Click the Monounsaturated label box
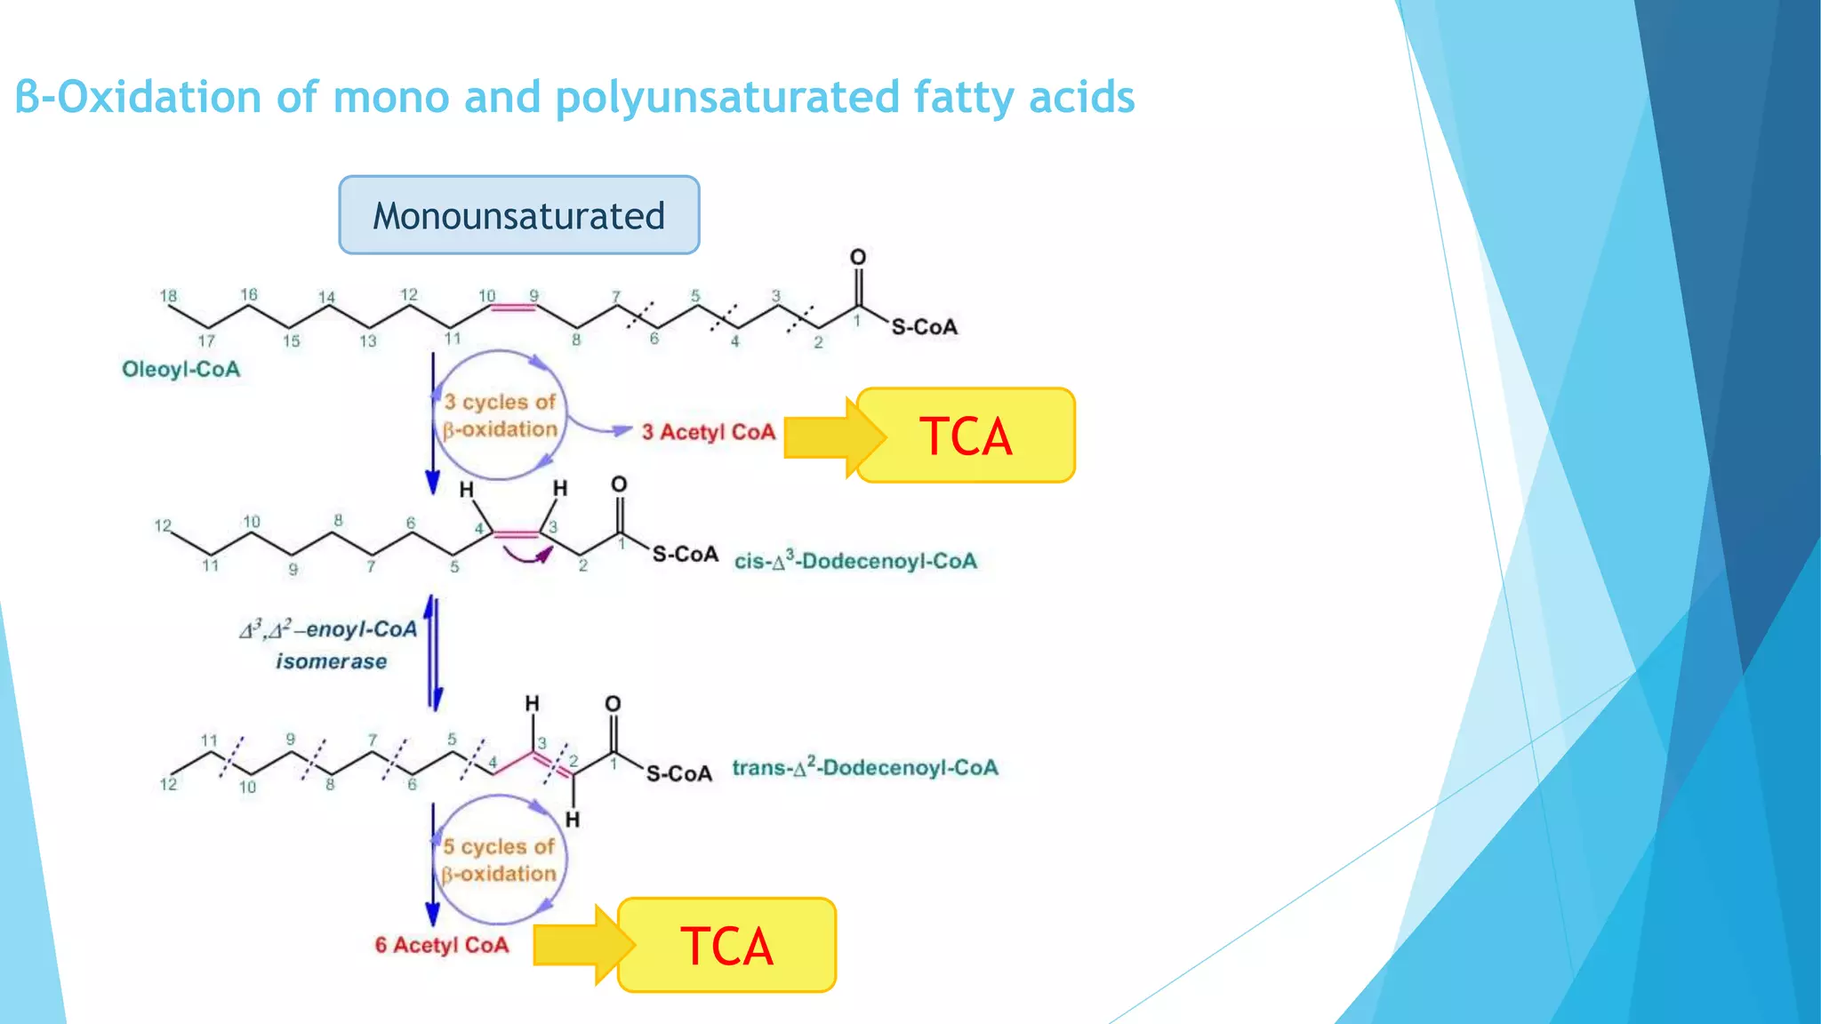(x=519, y=215)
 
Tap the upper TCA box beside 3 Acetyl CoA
(x=966, y=436)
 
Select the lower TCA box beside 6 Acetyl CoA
(x=726, y=945)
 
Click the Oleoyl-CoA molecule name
(x=180, y=369)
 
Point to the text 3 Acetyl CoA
(x=709, y=432)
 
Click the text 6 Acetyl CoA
(x=441, y=945)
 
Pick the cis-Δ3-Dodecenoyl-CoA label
(x=855, y=561)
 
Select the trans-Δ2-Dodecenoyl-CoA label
(x=864, y=767)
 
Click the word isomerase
(x=331, y=661)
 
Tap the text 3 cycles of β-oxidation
(x=501, y=415)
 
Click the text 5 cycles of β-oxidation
(x=499, y=860)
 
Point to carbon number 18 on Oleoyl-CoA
(x=168, y=296)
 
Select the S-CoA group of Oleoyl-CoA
(x=925, y=327)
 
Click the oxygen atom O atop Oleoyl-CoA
(x=857, y=257)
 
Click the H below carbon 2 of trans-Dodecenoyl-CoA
(x=573, y=819)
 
